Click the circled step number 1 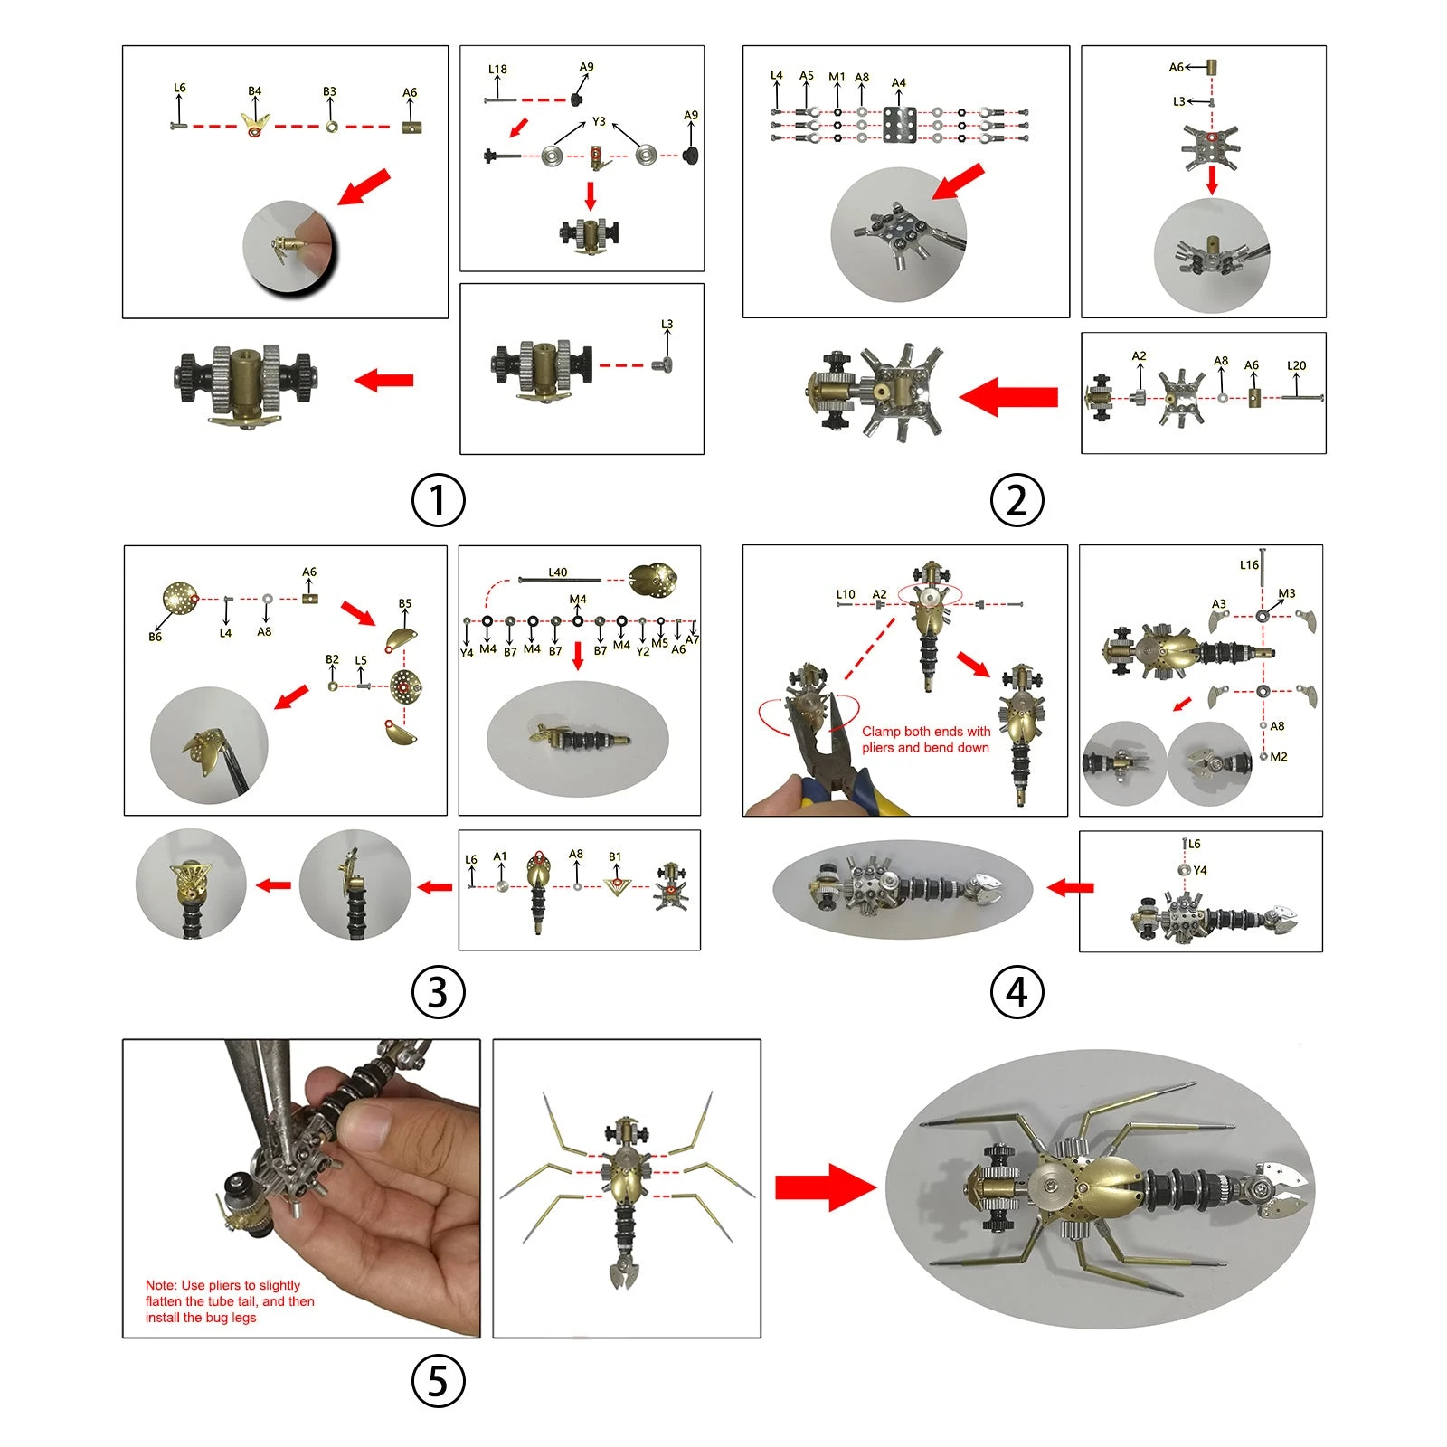438,500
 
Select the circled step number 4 1017,992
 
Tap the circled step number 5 438,1381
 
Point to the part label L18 497,69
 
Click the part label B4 254,91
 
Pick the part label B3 329,91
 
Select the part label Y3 599,121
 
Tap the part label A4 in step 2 898,82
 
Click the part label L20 1296,365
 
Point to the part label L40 557,572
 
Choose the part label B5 404,603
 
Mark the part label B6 155,637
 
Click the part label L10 845,594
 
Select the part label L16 1248,564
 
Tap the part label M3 1286,593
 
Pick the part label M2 1278,756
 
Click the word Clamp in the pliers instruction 881,731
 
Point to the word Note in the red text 160,1285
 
